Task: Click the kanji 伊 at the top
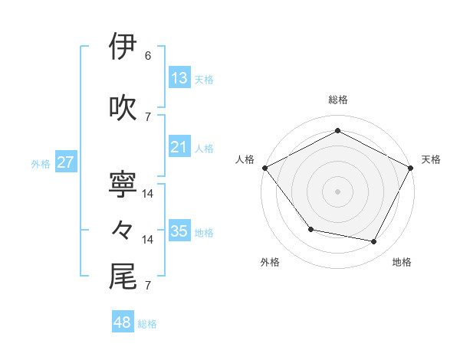pyautogui.click(x=123, y=47)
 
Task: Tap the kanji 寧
pyautogui.click(x=123, y=184)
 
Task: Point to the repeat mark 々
pyautogui.click(x=123, y=230)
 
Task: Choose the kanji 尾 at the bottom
pyautogui.click(x=123, y=277)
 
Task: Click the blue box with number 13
pyautogui.click(x=179, y=77)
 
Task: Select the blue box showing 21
pyautogui.click(x=179, y=147)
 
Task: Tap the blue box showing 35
pyautogui.click(x=179, y=231)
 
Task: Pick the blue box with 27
pyautogui.click(x=66, y=162)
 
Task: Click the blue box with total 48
pyautogui.click(x=123, y=322)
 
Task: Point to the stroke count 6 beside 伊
pyautogui.click(x=148, y=56)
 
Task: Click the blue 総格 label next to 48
pyautogui.click(x=148, y=324)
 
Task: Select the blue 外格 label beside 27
pyautogui.click(x=41, y=163)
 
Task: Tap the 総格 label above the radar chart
pyautogui.click(x=338, y=100)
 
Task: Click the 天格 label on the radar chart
pyautogui.click(x=432, y=159)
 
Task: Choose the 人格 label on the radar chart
pyautogui.click(x=245, y=159)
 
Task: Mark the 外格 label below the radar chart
pyautogui.click(x=270, y=262)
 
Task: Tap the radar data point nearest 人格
pyautogui.click(x=264, y=167)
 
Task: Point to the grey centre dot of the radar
pyautogui.click(x=338, y=191)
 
